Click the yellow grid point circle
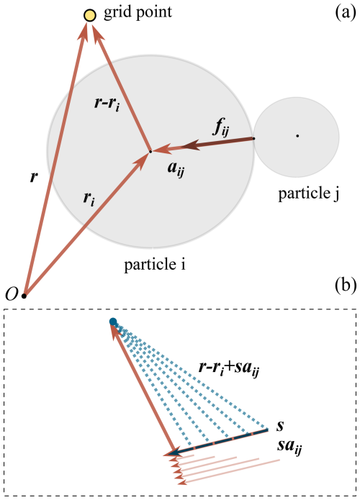click(x=90, y=15)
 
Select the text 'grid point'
click(x=138, y=13)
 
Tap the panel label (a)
click(x=346, y=13)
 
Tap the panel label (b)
click(x=346, y=286)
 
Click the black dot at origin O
click(x=24, y=296)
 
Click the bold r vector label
click(x=34, y=177)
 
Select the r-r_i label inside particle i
click(x=107, y=104)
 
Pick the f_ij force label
click(x=221, y=129)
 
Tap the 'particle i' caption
click(x=155, y=265)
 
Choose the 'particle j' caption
click(x=308, y=194)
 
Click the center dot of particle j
click(x=297, y=136)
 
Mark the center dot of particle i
click(x=150, y=152)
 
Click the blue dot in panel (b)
click(x=113, y=322)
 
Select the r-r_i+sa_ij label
click(x=228, y=369)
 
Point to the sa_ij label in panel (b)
click(x=289, y=446)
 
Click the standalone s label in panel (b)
click(x=280, y=427)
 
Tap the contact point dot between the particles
click(x=253, y=138)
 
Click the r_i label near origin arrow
click(x=89, y=199)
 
